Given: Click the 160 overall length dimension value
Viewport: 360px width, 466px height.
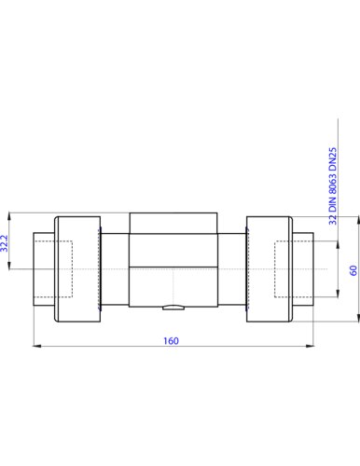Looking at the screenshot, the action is (x=171, y=341).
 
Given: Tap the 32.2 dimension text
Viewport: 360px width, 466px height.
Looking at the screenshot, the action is (x=5, y=243).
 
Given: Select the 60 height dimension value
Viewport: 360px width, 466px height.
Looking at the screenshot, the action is (x=353, y=270).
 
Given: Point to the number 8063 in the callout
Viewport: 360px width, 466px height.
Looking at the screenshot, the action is (x=333, y=185).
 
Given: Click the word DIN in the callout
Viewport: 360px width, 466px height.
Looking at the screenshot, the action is (x=333, y=204).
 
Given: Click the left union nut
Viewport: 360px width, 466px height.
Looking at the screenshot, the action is (x=77, y=269).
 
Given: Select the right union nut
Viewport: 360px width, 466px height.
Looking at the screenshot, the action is (x=270, y=269).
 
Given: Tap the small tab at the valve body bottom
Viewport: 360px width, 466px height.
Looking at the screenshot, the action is (x=173, y=308).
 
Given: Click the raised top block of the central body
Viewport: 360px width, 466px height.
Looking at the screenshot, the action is (x=173, y=223).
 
